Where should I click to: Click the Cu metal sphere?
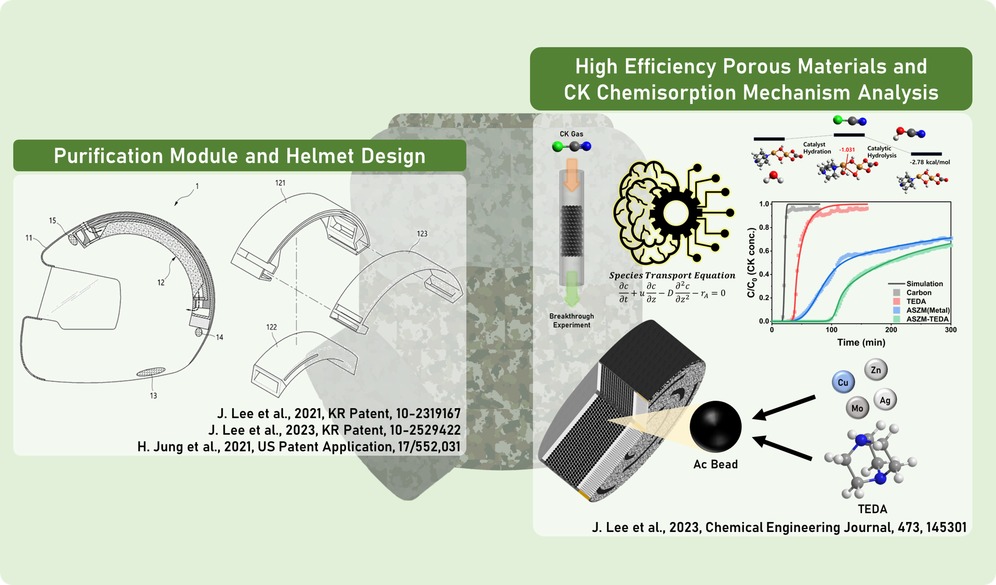click(x=843, y=382)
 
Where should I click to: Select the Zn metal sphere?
click(x=876, y=370)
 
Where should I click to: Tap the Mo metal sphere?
click(x=857, y=408)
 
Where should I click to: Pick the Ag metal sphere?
click(x=885, y=400)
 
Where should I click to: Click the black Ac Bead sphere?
click(x=715, y=426)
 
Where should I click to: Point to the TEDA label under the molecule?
click(x=872, y=509)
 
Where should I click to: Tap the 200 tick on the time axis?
click(x=891, y=330)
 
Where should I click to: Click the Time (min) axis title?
click(x=861, y=342)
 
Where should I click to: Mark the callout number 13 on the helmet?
click(x=153, y=396)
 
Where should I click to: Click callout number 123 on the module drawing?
click(x=422, y=234)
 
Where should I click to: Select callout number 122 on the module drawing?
click(x=271, y=327)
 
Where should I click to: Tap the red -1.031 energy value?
click(x=847, y=150)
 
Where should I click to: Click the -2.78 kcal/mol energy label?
click(x=929, y=162)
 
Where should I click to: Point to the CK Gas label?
click(x=571, y=134)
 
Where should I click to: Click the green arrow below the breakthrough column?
click(x=572, y=289)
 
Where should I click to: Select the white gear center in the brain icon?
click(x=675, y=213)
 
